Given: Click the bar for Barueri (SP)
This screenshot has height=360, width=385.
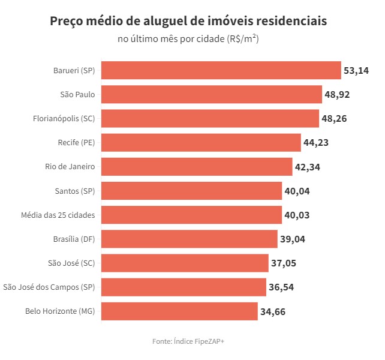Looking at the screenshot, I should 221,70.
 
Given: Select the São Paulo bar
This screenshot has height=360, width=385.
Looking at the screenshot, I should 212,94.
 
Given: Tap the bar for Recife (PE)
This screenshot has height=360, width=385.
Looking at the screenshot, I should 201,142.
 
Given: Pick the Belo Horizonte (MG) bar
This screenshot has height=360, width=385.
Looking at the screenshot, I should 179,311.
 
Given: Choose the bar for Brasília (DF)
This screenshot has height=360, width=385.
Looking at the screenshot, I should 189,239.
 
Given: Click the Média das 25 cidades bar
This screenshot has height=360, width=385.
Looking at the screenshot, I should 191,215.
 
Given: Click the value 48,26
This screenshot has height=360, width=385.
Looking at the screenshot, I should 334,119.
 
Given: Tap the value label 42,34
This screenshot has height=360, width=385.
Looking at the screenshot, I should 308,167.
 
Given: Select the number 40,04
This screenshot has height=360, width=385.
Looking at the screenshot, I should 297,191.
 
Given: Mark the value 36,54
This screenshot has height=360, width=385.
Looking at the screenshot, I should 281,287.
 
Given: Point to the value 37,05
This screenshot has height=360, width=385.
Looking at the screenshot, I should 283,263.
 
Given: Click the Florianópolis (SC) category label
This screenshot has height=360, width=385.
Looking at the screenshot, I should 64,118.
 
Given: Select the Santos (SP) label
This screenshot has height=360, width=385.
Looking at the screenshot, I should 75,190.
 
